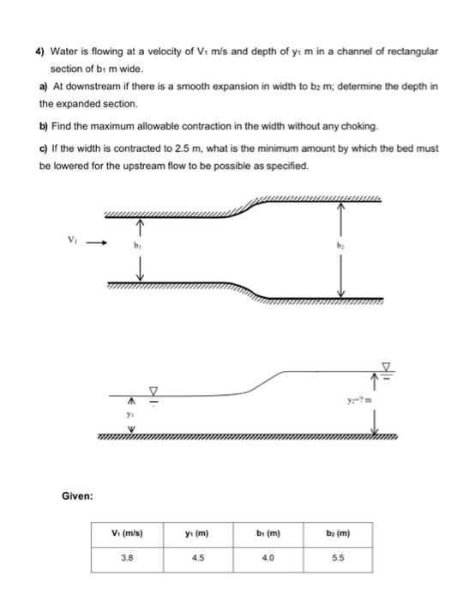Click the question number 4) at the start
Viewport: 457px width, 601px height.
click(39, 52)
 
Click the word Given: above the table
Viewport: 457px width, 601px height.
click(77, 495)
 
